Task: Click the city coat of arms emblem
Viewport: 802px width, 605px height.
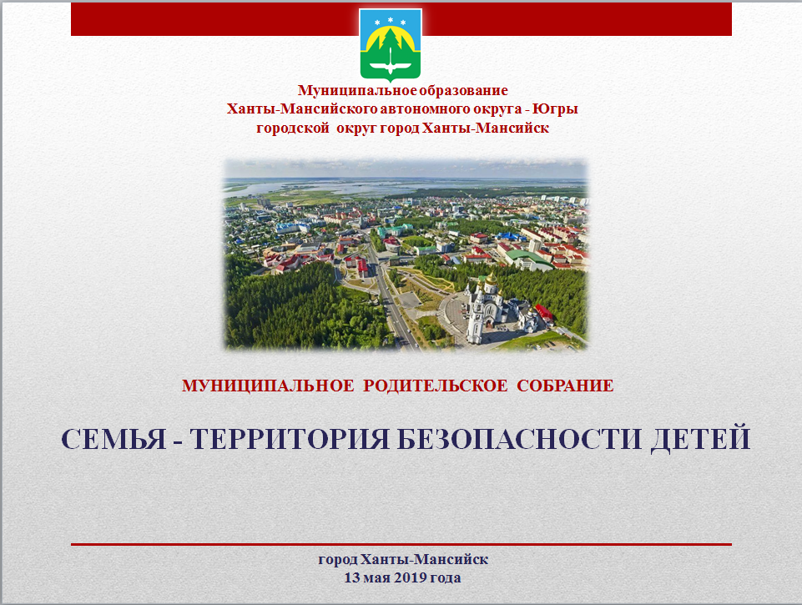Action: [391, 45]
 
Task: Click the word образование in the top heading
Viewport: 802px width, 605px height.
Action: [463, 90]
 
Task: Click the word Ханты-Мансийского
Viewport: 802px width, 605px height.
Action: [302, 109]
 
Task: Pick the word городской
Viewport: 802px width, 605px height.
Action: [293, 128]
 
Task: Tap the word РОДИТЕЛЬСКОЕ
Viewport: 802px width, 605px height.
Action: [436, 385]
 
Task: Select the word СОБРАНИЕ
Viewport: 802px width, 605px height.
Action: [565, 385]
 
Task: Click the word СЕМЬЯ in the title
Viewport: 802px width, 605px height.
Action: [114, 438]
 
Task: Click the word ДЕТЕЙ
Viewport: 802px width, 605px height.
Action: [700, 438]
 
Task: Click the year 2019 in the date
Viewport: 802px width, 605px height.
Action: [411, 577]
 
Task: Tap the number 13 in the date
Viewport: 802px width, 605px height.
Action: [352, 577]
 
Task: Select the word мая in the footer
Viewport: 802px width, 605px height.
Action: [378, 578]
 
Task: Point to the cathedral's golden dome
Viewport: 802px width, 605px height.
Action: [491, 280]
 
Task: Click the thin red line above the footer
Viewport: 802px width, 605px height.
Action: [401, 545]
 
